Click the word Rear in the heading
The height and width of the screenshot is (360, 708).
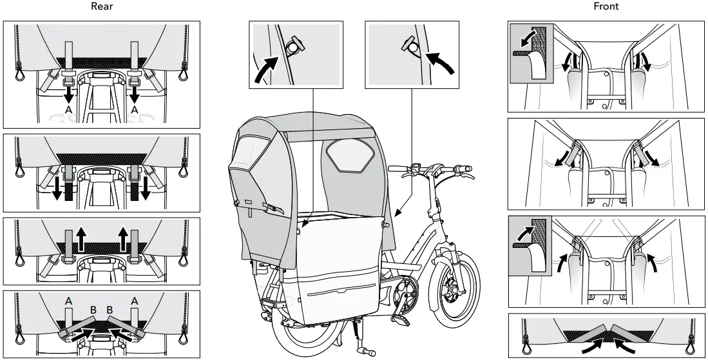pyautogui.click(x=101, y=6)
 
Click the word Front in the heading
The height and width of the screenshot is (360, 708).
pyautogui.click(x=606, y=6)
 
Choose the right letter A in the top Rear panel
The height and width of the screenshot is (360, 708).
pyautogui.click(x=135, y=111)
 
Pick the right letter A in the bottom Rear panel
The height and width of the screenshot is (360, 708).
pyautogui.click(x=135, y=300)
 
